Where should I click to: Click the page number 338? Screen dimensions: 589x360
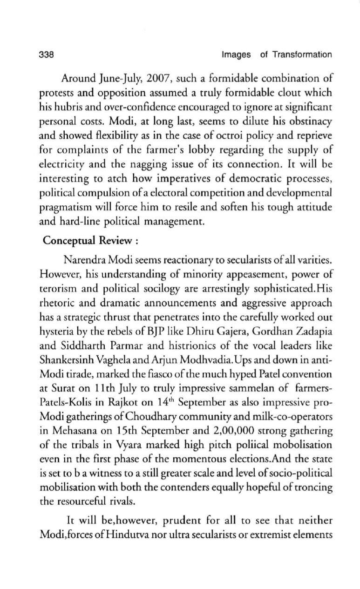click(47, 55)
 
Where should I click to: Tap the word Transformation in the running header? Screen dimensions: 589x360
click(302, 55)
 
